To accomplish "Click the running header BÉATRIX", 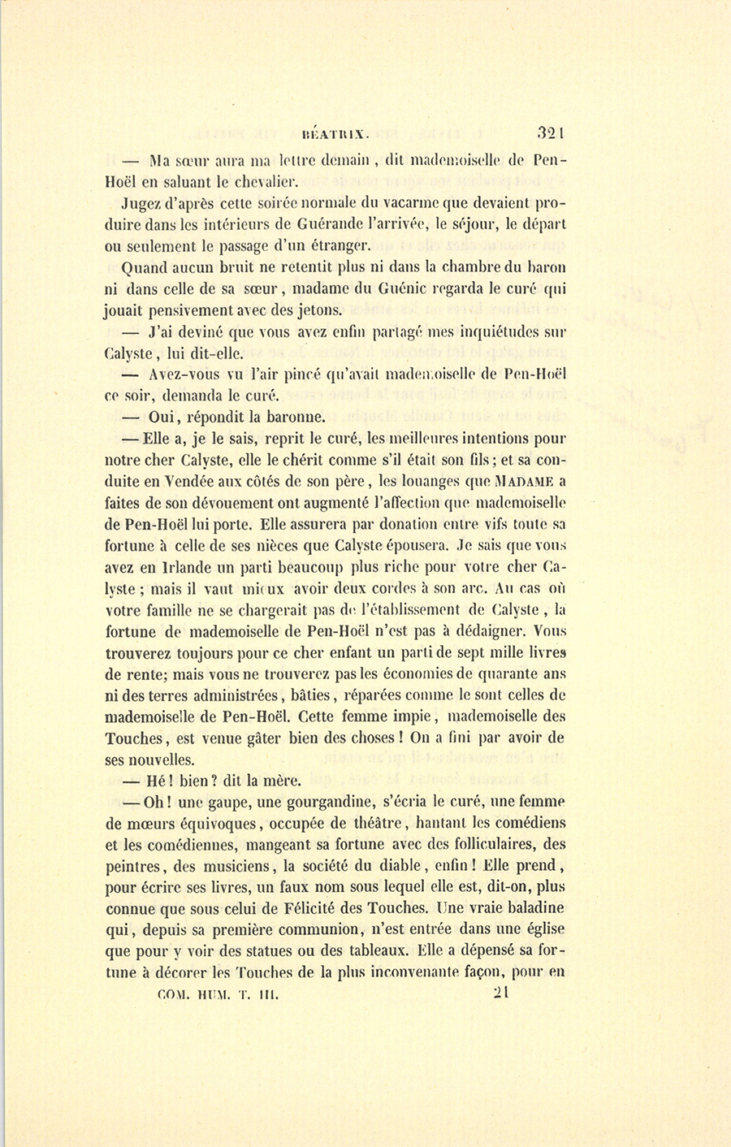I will [335, 128].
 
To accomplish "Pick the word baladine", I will [525, 908].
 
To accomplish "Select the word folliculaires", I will [478, 845].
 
